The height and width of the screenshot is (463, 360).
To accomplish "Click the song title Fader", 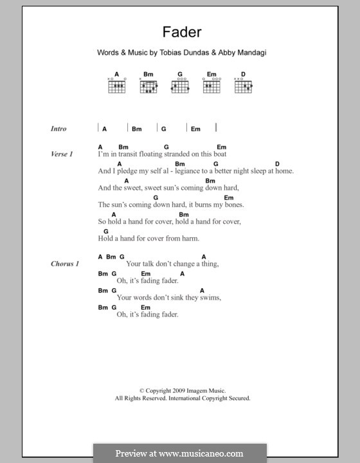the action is click(179, 30).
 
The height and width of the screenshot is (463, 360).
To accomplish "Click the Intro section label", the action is click(59, 129).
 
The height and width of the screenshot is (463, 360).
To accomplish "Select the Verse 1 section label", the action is click(62, 154).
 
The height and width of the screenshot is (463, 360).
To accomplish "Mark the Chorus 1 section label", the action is click(64, 264).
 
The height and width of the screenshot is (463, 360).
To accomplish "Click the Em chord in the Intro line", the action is click(195, 129).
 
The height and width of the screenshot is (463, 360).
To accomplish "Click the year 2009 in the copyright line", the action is click(170, 390).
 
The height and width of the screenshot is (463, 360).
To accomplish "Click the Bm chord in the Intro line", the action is click(136, 129).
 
